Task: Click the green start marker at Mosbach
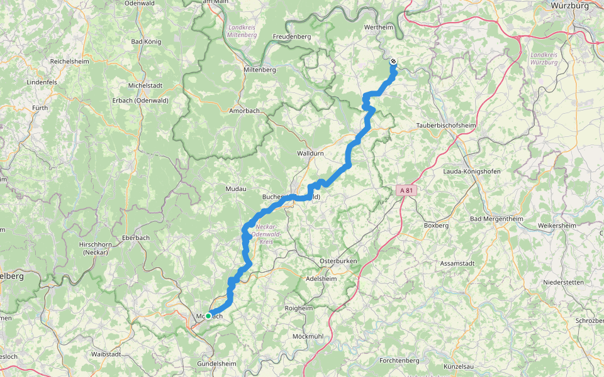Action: (208, 316)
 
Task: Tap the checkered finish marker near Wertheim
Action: (393, 62)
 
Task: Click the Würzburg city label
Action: (569, 6)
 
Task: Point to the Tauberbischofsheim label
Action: (446, 126)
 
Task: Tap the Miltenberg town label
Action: (259, 70)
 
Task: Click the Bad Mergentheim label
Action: (496, 219)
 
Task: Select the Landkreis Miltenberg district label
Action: (242, 31)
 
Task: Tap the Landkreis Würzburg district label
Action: (544, 58)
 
